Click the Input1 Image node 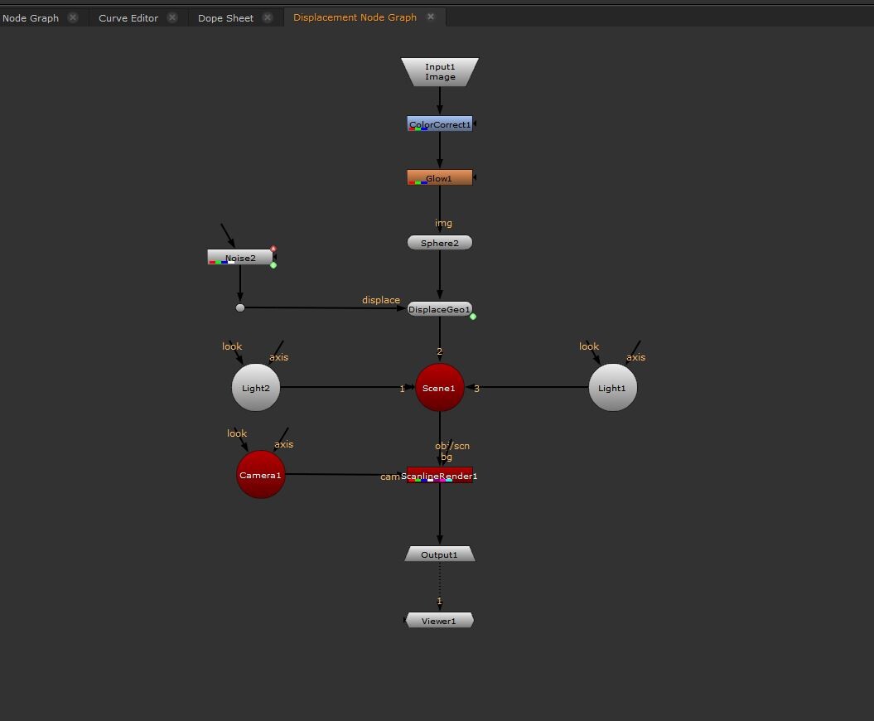[x=440, y=72]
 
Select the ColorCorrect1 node [x=440, y=124]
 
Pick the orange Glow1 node [x=440, y=178]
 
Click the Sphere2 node [x=440, y=243]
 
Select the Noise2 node [x=240, y=258]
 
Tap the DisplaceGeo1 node [x=440, y=309]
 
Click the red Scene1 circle [x=439, y=388]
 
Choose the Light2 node [x=256, y=388]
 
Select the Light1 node [x=613, y=388]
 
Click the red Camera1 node [x=261, y=475]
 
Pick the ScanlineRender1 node [x=440, y=476]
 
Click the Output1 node [x=440, y=554]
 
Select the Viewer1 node [x=439, y=621]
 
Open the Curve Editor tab [x=128, y=17]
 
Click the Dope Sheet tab [x=225, y=17]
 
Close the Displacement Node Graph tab [x=431, y=17]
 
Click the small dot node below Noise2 [x=240, y=307]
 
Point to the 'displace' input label [x=381, y=300]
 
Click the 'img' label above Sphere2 [x=444, y=223]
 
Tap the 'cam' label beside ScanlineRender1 [x=390, y=477]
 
